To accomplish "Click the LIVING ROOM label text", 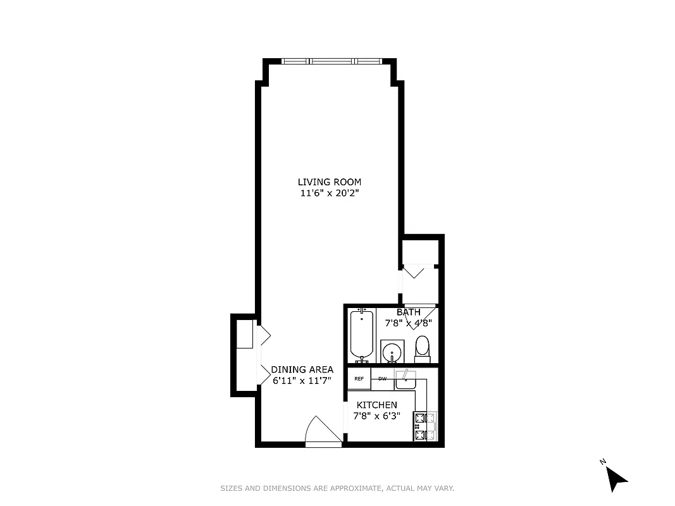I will [x=330, y=182].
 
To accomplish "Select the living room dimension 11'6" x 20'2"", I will [x=330, y=194].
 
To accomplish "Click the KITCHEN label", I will [x=376, y=405].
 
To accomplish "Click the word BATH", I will [x=408, y=312].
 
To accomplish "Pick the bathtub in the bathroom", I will [x=362, y=335].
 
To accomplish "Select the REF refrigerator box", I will [x=359, y=379].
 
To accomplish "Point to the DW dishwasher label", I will [x=382, y=379].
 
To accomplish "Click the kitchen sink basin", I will [x=404, y=380].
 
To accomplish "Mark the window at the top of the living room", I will [x=330, y=61].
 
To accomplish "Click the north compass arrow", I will [x=615, y=478].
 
